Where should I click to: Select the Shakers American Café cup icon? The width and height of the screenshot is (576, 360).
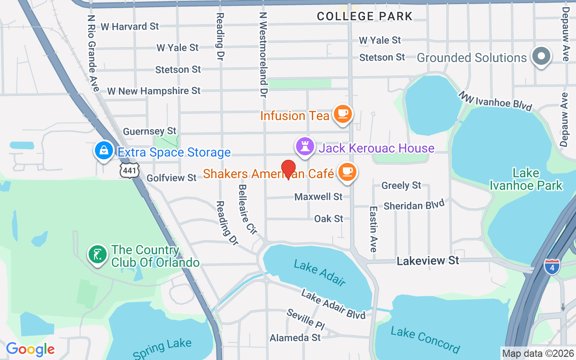coord(347,172)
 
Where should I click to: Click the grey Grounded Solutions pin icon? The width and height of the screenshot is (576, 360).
coord(542,57)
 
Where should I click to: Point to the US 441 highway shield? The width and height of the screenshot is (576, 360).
coord(130,170)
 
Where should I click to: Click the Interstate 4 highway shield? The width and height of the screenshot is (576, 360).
coord(552,266)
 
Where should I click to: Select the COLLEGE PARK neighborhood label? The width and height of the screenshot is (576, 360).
coord(364,17)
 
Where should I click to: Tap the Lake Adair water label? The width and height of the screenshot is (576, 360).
coord(319,273)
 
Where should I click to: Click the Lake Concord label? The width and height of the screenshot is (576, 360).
coord(425,340)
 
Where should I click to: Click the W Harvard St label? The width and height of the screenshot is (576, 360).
coord(130,27)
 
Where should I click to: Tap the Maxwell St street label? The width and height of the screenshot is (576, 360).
coord(319,197)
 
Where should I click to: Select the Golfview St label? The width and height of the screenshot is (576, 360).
coord(172,178)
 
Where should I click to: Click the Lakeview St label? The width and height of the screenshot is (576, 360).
coord(428,261)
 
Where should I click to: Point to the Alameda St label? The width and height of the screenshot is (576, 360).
coord(295,337)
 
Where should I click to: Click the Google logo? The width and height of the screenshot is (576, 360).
coord(30,349)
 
